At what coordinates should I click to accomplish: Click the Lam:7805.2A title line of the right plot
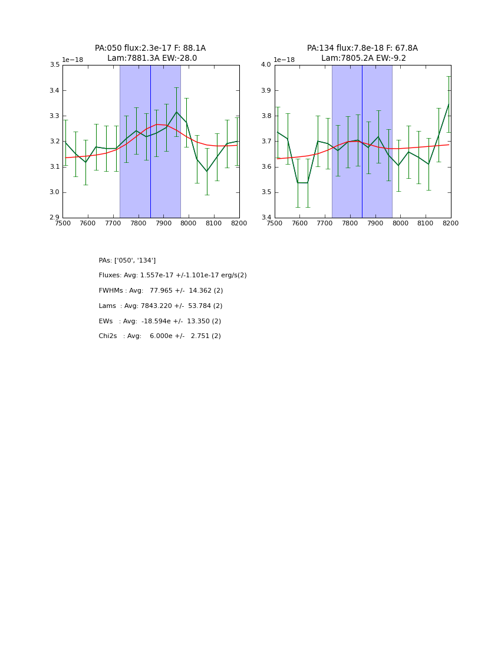coord(362,58)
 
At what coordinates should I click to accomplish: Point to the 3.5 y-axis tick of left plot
coord(54,65)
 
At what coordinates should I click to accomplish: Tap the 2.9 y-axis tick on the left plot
coord(54,218)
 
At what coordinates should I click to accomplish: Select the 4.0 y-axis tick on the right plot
coord(266,65)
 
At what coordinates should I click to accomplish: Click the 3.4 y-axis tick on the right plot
coord(266,218)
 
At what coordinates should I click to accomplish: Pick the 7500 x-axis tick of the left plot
coord(62,224)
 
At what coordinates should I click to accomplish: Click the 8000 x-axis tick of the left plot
coord(189,224)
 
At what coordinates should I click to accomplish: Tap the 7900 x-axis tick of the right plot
coord(375,224)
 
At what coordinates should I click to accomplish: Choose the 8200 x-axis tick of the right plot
coord(451,224)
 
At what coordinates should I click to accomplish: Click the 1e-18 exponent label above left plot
coord(72,60)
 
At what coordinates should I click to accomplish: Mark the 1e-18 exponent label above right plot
coord(284,60)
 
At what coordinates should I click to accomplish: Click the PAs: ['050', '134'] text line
coord(127,261)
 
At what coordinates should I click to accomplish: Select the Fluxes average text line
coord(173,276)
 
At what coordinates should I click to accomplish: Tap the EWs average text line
coord(160,322)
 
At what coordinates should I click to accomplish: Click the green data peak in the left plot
coord(176,112)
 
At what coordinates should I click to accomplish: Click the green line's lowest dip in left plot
coord(207,172)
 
